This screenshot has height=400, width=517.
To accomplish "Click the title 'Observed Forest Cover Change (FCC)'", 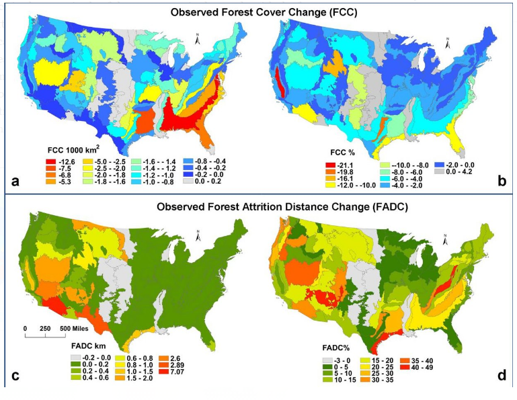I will [258, 13].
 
